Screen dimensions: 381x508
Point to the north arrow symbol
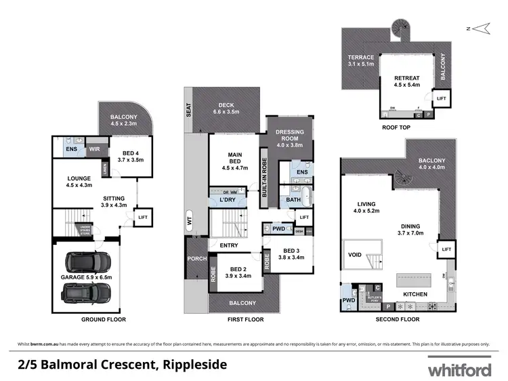[482, 28]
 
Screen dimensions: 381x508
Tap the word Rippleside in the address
[192, 365]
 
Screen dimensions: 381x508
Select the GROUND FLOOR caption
[104, 319]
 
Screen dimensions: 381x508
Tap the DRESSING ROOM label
[290, 138]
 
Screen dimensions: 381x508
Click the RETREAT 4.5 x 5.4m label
[408, 82]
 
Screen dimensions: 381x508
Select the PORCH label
[196, 258]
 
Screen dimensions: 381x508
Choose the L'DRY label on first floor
[228, 201]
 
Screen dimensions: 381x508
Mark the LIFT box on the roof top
[442, 99]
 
